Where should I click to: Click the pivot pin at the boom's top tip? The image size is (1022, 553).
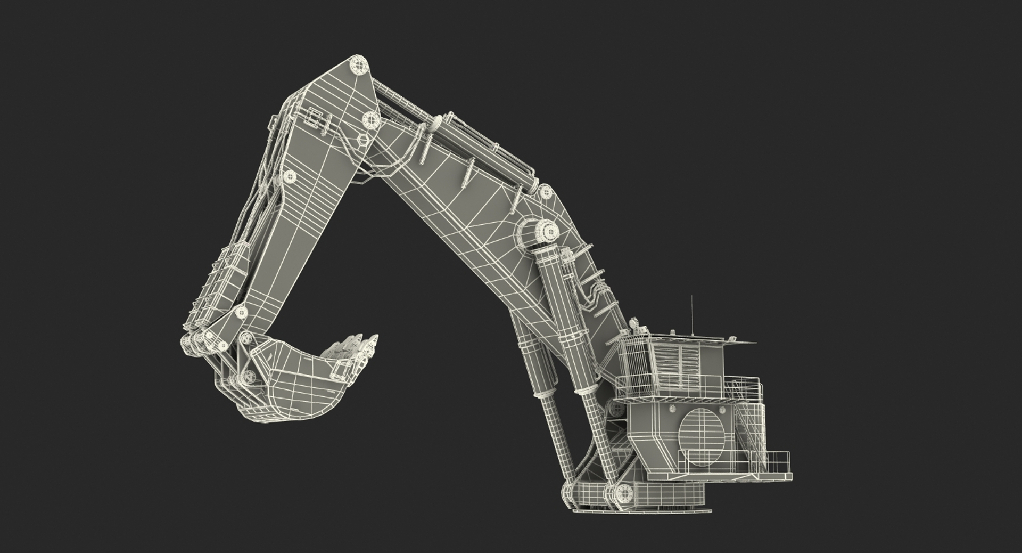pyautogui.click(x=359, y=66)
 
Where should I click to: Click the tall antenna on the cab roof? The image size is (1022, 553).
pyautogui.click(x=692, y=314)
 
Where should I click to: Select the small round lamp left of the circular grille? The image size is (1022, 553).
pyautogui.click(x=672, y=410)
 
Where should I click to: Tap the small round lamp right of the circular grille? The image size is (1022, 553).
pyautogui.click(x=722, y=410)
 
